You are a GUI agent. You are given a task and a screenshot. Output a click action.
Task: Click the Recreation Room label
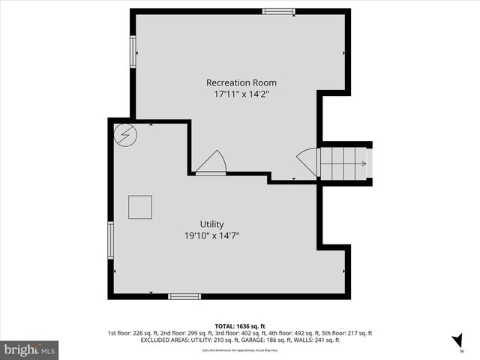click(241, 82)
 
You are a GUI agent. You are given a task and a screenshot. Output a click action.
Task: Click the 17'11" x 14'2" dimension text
click(241, 94)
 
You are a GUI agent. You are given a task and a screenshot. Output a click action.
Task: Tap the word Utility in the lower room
click(211, 224)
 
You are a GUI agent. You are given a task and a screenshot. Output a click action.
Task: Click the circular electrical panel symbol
click(125, 135)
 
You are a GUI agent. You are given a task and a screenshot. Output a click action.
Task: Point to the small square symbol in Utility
click(140, 207)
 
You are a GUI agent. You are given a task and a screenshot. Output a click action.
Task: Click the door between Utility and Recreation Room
click(211, 163)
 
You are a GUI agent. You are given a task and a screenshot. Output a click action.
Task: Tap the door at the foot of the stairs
click(308, 163)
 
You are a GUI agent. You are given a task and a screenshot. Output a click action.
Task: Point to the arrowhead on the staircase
click(364, 163)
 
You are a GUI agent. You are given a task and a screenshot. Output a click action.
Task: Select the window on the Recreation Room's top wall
click(278, 11)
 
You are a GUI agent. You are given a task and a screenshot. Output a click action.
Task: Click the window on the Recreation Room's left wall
click(133, 52)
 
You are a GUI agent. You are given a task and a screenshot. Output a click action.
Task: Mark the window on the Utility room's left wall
click(111, 240)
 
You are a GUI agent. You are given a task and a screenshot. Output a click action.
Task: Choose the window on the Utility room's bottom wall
click(184, 296)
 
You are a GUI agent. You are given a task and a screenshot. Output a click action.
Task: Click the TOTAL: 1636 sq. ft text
click(240, 325)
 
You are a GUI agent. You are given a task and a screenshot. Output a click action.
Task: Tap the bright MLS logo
click(30, 349)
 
